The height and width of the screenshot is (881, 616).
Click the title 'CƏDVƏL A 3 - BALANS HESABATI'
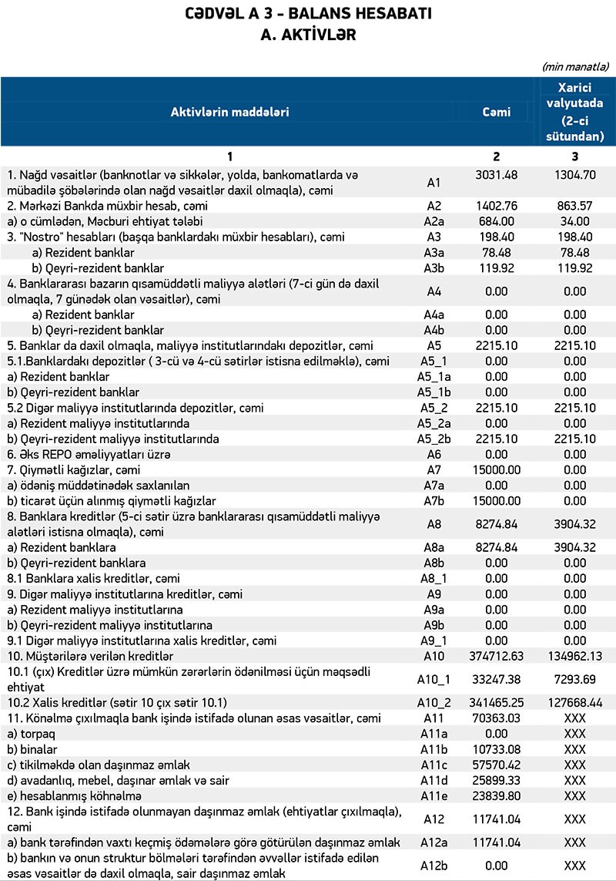(307, 15)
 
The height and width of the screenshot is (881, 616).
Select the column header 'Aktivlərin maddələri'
(229, 113)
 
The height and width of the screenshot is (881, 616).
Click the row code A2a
(434, 221)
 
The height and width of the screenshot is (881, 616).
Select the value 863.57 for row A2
(575, 207)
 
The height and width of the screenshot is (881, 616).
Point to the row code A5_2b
(434, 439)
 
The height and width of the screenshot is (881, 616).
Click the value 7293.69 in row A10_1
(575, 678)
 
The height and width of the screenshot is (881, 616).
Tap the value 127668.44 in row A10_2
(575, 702)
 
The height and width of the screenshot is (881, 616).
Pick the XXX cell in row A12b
(575, 865)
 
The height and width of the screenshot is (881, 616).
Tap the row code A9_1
(434, 640)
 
